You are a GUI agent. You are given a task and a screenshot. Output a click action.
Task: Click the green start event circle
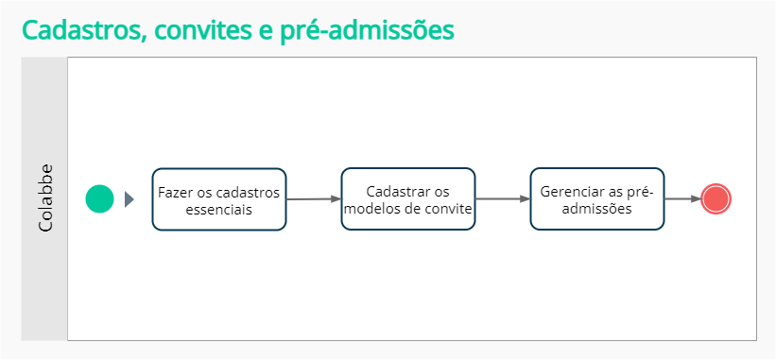click(x=99, y=199)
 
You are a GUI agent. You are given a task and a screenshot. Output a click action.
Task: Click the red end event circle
click(x=716, y=199)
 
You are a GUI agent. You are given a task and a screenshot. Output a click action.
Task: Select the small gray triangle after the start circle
click(x=129, y=199)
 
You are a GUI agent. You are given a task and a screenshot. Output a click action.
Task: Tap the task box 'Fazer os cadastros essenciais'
click(x=219, y=199)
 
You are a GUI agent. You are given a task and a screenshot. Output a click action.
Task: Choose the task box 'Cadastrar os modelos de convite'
click(x=408, y=199)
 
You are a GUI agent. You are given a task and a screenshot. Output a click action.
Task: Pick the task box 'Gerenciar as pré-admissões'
click(x=596, y=199)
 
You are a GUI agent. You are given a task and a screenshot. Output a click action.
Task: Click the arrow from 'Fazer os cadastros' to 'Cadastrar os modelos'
click(x=313, y=199)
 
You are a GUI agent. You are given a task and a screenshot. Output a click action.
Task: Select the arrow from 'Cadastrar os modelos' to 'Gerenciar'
click(x=502, y=199)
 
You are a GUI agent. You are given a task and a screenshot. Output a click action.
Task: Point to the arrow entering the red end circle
click(x=682, y=199)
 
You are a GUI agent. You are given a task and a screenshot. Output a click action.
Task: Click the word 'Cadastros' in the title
click(x=77, y=30)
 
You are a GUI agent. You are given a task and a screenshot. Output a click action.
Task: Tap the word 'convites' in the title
click(x=201, y=30)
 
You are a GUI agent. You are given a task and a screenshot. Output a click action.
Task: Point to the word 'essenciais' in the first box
click(x=218, y=209)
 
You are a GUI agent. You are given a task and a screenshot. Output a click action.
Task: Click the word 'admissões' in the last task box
click(x=596, y=209)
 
